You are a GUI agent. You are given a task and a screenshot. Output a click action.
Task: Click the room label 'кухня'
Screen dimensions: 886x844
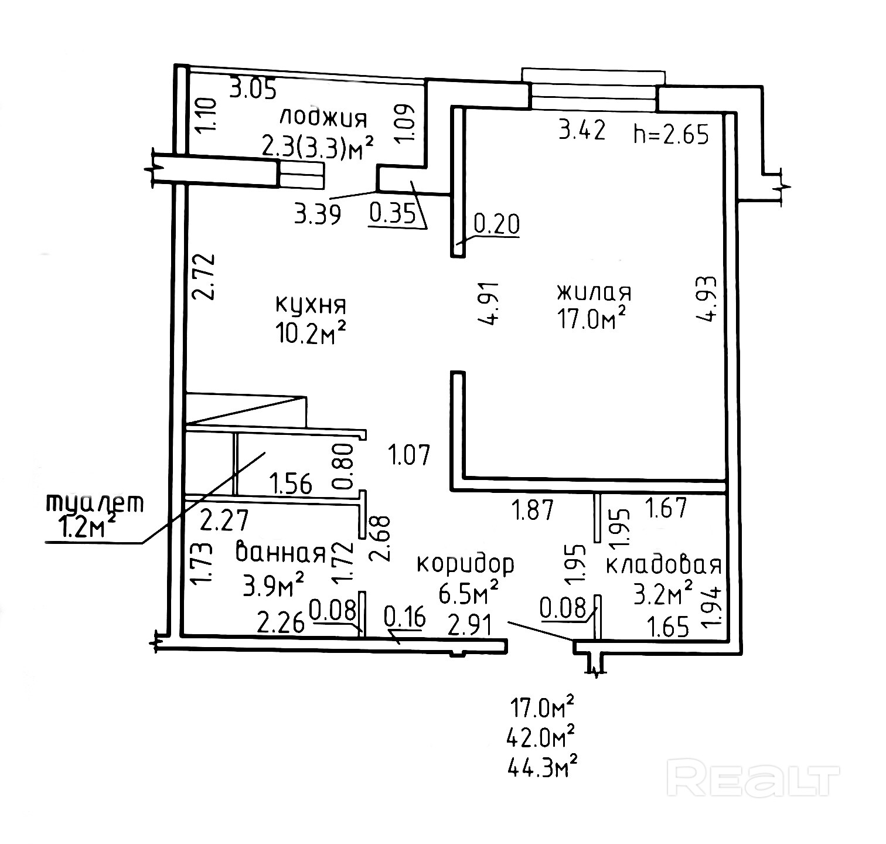(311, 305)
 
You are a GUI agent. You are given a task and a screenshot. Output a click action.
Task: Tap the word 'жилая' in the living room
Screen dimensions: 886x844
(594, 292)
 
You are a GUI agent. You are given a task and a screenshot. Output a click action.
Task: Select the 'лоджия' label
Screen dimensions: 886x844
(323, 118)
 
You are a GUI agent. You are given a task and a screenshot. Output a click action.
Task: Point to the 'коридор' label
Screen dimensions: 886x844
(465, 564)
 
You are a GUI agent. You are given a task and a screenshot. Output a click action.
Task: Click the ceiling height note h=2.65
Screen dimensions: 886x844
(672, 134)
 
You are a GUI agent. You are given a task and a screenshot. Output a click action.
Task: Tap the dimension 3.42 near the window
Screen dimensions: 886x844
(581, 130)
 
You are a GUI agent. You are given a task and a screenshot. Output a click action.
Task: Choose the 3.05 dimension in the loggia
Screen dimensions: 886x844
(252, 90)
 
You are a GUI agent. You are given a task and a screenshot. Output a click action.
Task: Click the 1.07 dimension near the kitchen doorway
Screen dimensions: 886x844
(410, 455)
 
